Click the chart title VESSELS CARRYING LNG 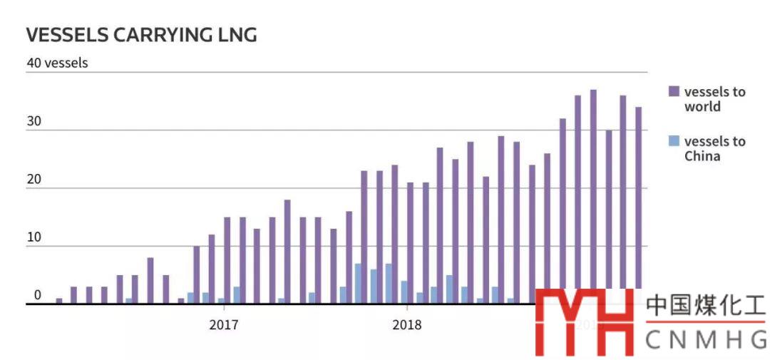tap(141, 34)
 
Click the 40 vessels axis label tap(57, 63)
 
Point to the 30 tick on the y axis tap(34, 122)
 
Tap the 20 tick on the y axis tap(34, 180)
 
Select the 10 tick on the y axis tap(34, 239)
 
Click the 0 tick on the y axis tap(37, 295)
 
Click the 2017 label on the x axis tap(224, 325)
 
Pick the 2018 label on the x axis tap(406, 325)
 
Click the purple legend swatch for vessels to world tap(674, 91)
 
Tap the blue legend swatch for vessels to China tap(674, 141)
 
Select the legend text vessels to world tap(714, 99)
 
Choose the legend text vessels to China tap(714, 148)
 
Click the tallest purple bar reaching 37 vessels tap(593, 189)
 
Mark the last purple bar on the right tap(639, 200)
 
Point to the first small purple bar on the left tap(59, 301)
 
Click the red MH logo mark tap(585, 321)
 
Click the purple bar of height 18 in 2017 tap(287, 251)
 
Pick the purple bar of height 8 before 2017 tap(150, 280)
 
